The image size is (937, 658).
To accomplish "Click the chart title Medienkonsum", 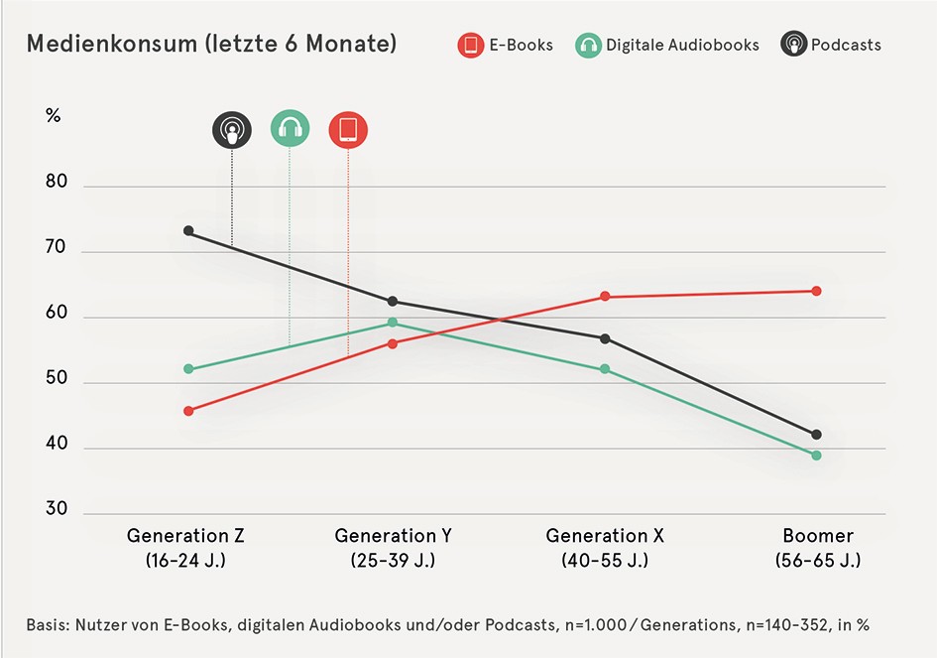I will [x=211, y=45].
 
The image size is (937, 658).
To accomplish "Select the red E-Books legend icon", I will [x=470, y=45].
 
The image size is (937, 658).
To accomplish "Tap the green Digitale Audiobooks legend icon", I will [x=588, y=45].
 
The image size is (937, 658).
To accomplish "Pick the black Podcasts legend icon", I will [x=793, y=45].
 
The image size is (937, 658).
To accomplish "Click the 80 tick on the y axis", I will [x=56, y=183].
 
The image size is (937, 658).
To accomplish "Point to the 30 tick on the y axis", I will [x=56, y=510].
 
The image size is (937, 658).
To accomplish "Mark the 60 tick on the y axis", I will [x=56, y=315].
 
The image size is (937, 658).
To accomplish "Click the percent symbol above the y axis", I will [x=54, y=115].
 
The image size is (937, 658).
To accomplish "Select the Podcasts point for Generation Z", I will [x=188, y=231].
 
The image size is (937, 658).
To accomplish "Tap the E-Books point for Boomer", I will [x=816, y=291].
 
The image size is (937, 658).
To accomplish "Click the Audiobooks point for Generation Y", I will [x=393, y=323].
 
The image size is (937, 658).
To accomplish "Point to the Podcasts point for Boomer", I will [x=816, y=435].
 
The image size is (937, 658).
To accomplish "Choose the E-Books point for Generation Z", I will [x=188, y=411].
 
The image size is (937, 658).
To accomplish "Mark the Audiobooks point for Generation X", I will [x=605, y=369].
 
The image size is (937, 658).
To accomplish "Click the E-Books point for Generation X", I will [x=605, y=297].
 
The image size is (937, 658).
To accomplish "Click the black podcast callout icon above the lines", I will [x=231, y=130].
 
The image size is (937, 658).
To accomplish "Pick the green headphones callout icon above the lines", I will [x=290, y=130].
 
